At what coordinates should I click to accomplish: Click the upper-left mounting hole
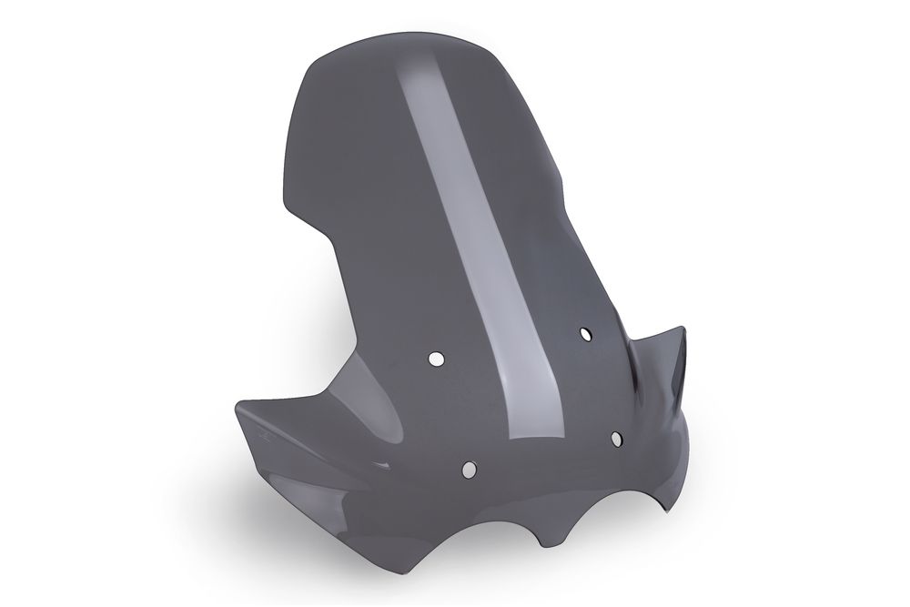point(437,359)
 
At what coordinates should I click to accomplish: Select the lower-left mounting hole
point(469,470)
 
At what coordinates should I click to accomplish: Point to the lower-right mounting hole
point(616,440)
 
